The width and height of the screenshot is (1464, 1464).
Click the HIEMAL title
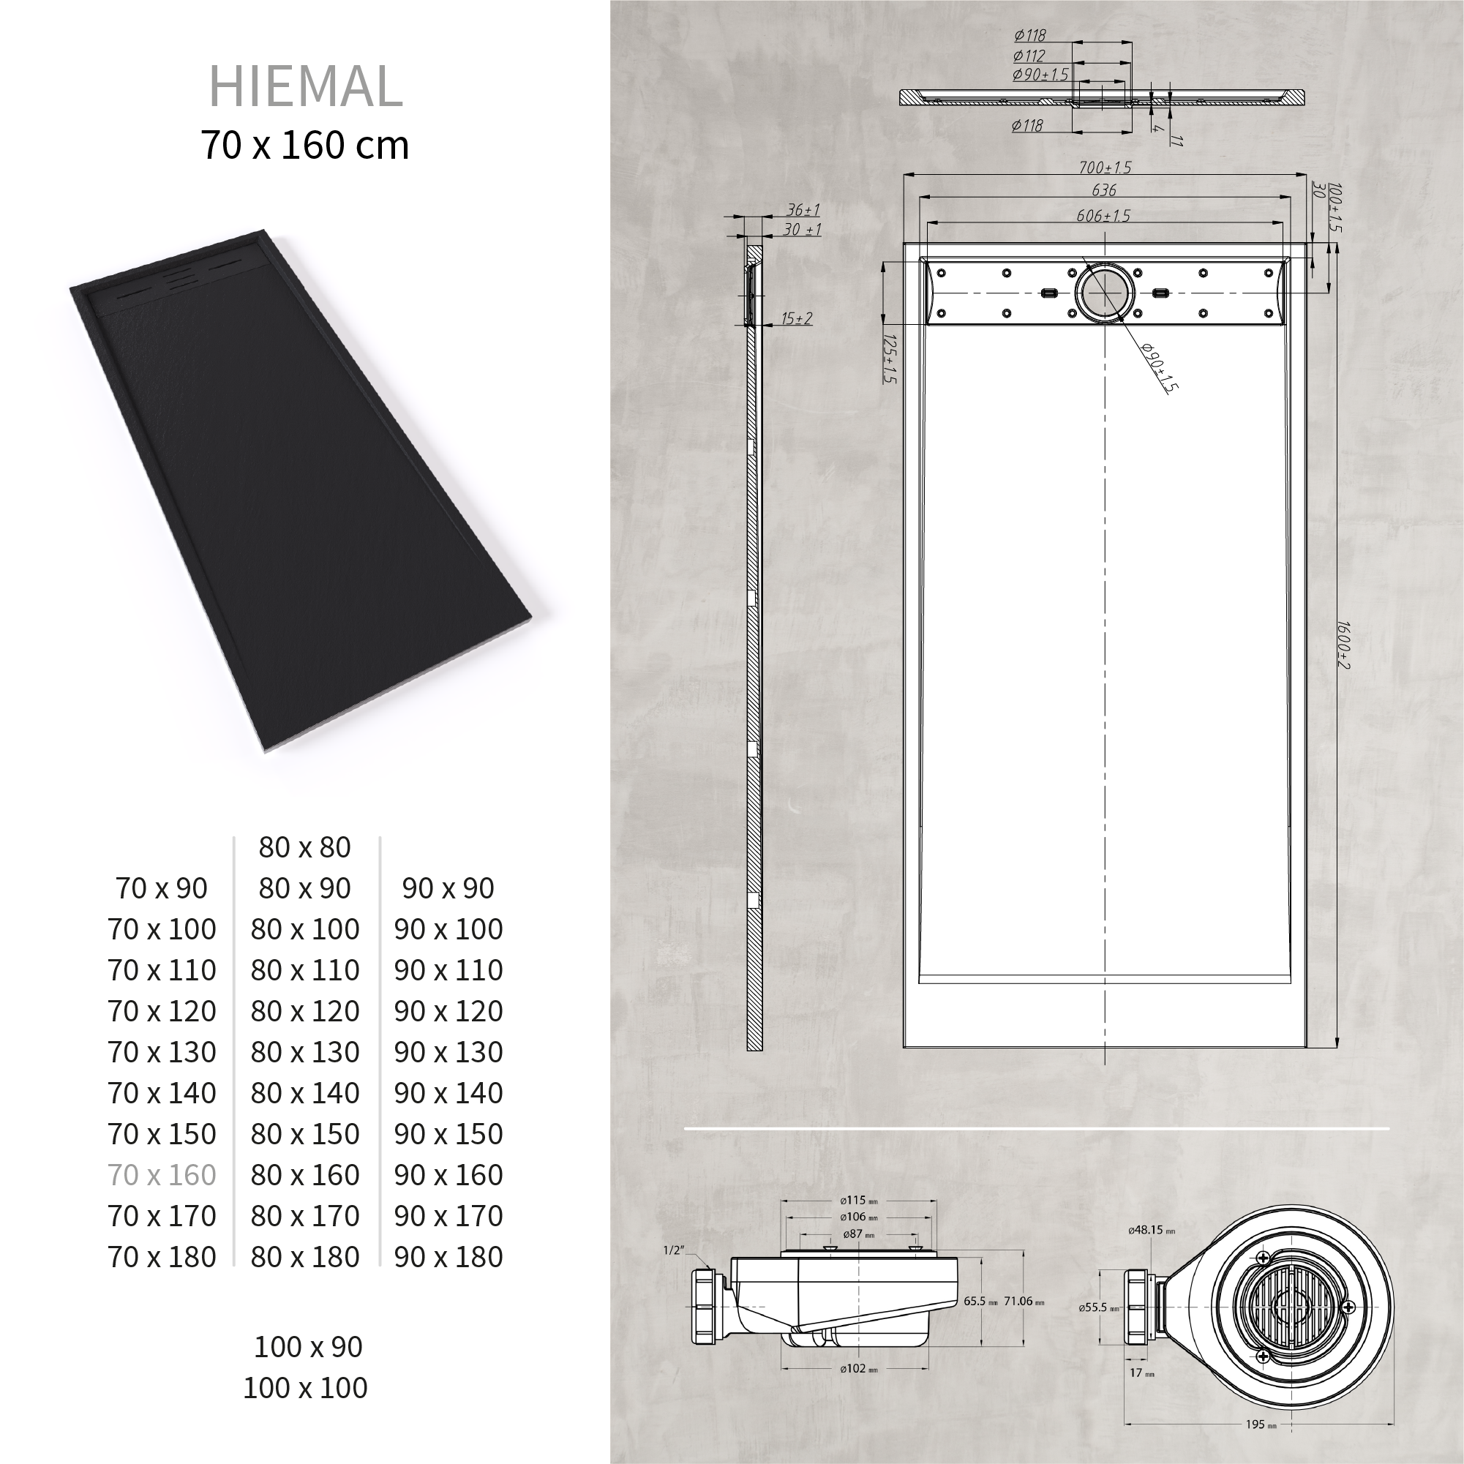(305, 86)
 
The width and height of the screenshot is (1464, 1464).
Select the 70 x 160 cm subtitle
(305, 145)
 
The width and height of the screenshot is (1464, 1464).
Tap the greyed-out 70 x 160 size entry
(162, 1174)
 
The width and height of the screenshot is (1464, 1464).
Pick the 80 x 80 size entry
(304, 847)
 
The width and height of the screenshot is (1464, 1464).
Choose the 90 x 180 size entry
(448, 1256)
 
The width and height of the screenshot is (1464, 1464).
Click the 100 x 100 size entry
(305, 1387)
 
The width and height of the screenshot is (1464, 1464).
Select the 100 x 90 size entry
(309, 1346)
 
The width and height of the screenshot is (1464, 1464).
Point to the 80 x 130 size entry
(305, 1052)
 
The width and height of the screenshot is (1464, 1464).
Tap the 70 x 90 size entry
(162, 888)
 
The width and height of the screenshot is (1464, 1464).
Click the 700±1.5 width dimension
(1105, 168)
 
